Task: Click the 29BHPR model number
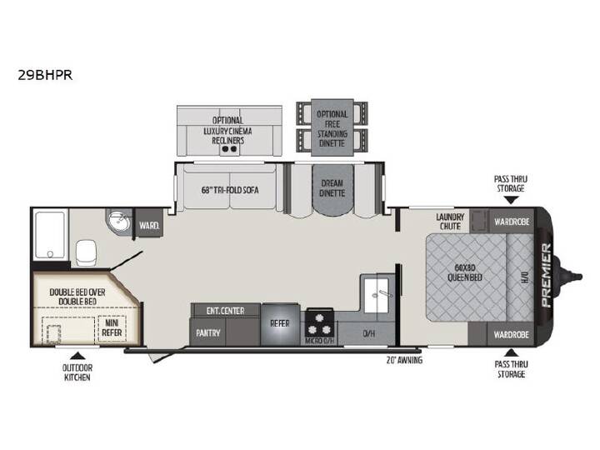click(x=45, y=75)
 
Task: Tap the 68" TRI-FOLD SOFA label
click(x=230, y=190)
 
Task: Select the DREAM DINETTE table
click(x=332, y=190)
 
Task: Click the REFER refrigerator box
click(x=280, y=324)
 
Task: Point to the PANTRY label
click(x=208, y=332)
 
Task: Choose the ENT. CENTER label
click(x=225, y=311)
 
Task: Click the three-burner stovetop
click(x=319, y=323)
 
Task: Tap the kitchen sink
click(x=377, y=295)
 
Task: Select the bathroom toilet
click(x=86, y=253)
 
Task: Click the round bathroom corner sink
click(x=119, y=221)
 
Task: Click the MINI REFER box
click(x=112, y=328)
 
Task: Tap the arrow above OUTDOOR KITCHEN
click(x=77, y=356)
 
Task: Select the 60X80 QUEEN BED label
click(x=465, y=272)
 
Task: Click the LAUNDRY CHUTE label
click(x=450, y=222)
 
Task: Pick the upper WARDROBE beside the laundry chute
click(x=512, y=222)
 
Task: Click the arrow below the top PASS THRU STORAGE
click(x=511, y=200)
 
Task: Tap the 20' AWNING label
click(x=404, y=360)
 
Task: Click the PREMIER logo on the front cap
click(x=546, y=275)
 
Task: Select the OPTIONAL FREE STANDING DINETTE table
click(x=332, y=127)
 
